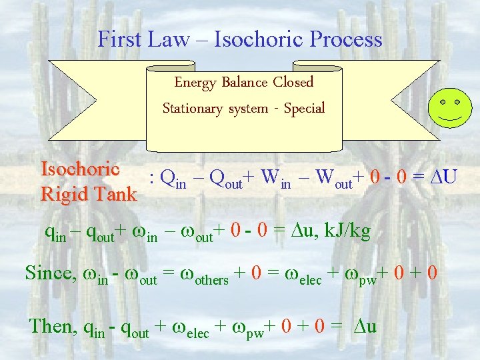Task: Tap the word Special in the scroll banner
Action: (304, 108)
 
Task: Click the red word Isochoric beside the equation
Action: (80, 169)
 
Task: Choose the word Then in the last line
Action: (53, 326)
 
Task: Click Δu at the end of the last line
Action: (363, 327)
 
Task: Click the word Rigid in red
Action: (61, 194)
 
